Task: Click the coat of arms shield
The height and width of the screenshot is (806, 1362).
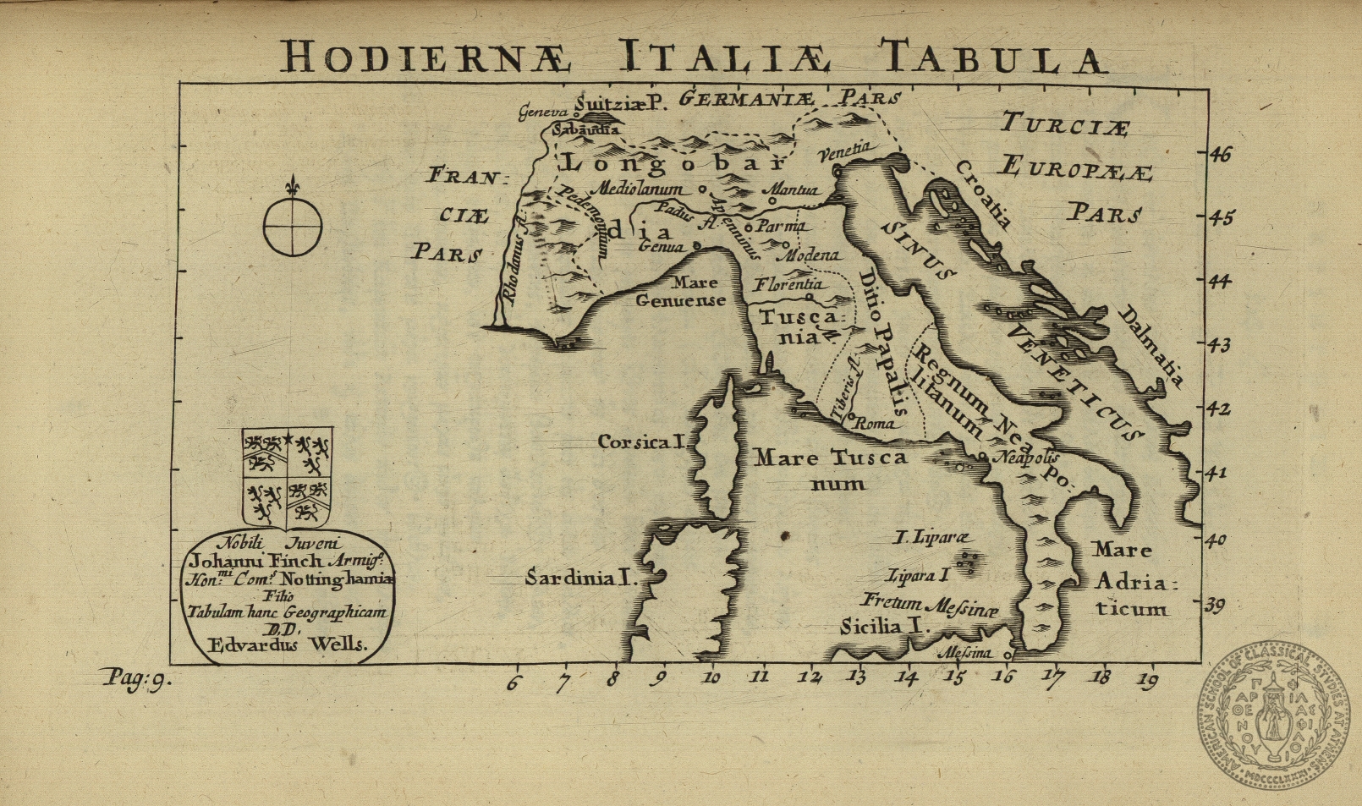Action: pyautogui.click(x=287, y=477)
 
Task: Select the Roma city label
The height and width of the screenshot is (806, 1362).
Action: pyautogui.click(x=873, y=424)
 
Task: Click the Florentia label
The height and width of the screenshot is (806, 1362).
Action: pyautogui.click(x=788, y=285)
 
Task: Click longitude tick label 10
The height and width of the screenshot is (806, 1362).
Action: pyautogui.click(x=711, y=677)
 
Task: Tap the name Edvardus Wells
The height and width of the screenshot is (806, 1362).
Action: pyautogui.click(x=288, y=644)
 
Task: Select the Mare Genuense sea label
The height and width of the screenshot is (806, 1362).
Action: pyautogui.click(x=682, y=292)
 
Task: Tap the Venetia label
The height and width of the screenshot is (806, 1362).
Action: pyautogui.click(x=843, y=151)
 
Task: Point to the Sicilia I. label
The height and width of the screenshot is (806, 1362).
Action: pyautogui.click(x=885, y=627)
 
